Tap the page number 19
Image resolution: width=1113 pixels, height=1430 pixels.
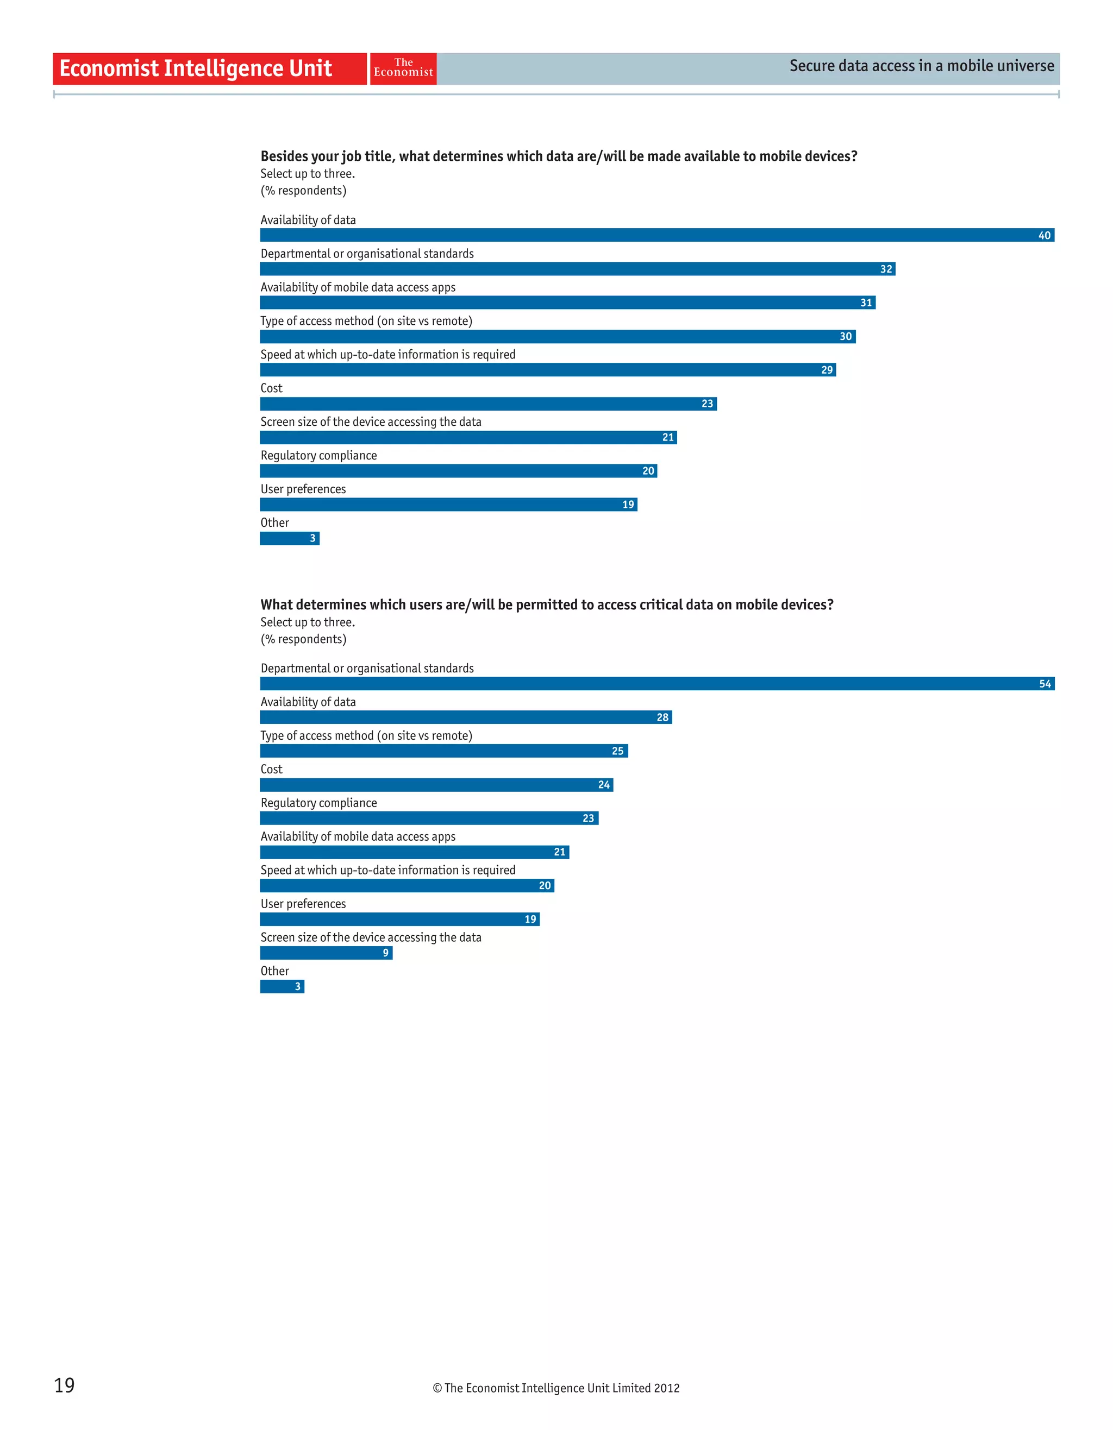pos(64,1385)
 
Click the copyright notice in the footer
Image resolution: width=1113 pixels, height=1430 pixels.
pos(555,1388)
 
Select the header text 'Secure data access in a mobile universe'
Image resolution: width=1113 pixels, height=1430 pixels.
pos(921,66)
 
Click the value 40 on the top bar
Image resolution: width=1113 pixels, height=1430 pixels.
pos(1043,236)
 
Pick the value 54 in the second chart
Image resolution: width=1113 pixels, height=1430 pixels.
pos(1044,684)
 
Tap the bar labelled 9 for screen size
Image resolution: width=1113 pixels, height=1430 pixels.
pos(326,953)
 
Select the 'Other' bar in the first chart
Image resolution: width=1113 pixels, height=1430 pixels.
pos(290,538)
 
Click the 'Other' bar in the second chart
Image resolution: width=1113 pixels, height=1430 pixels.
pos(282,987)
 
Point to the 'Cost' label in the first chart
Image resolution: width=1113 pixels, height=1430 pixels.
pos(271,388)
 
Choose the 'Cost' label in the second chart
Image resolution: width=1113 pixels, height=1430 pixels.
pos(271,770)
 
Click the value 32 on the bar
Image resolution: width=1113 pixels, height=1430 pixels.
pos(886,269)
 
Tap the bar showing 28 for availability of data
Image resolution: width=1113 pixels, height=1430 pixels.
pos(466,717)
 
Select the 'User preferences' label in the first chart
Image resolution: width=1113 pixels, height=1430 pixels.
pos(303,489)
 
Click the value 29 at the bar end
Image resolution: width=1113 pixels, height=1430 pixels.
pos(827,370)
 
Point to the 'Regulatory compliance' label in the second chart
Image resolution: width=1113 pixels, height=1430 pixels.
pos(318,803)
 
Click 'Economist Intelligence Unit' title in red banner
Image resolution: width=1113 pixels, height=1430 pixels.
pos(195,68)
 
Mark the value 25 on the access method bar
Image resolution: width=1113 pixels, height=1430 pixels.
pos(617,751)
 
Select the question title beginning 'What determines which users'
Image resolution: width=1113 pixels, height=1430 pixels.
pos(546,605)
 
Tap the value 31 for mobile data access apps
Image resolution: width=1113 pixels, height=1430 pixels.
pos(866,303)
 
